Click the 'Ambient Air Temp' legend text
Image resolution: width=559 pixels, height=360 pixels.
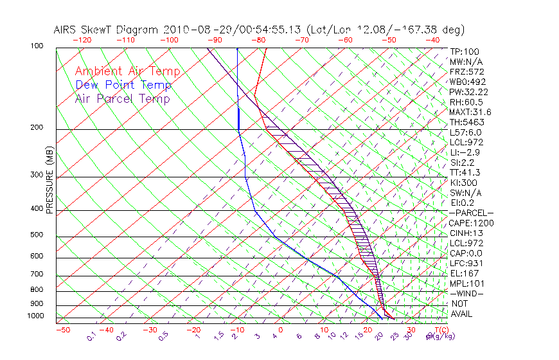127,71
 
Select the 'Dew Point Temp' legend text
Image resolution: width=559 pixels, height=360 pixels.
123,85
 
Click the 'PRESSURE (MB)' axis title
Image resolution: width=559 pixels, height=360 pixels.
49,181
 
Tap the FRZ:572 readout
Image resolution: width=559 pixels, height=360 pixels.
467,71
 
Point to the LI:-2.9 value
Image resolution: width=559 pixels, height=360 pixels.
465,152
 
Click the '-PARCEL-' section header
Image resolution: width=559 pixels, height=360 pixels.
472,213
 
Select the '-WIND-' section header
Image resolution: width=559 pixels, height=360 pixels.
467,293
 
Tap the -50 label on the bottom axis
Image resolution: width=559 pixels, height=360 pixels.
63,330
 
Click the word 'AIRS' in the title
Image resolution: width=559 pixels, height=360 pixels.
67,30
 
